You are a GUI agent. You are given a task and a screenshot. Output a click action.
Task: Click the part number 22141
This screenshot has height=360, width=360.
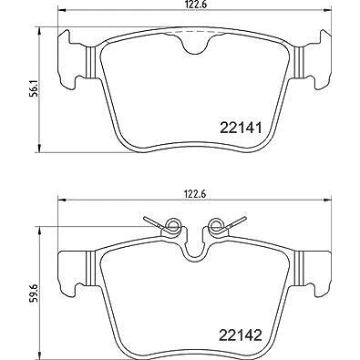coord(240,128)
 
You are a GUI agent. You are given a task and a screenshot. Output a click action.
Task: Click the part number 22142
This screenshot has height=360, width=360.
coord(240,335)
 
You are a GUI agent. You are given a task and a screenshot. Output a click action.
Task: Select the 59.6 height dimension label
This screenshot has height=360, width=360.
coord(35,293)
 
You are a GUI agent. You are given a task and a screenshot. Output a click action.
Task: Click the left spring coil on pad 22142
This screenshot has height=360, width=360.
coord(172,225)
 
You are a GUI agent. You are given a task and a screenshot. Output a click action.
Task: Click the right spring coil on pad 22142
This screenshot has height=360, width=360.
coord(216,225)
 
